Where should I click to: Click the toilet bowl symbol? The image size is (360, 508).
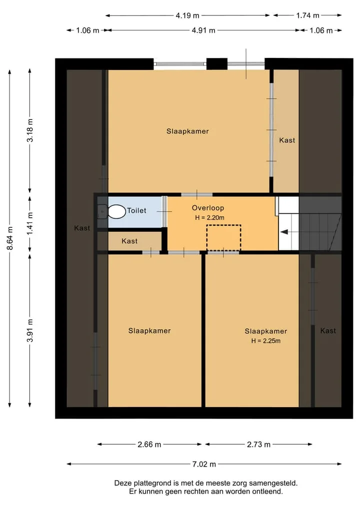pyautogui.click(x=116, y=212)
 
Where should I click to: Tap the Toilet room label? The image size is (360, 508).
pyautogui.click(x=136, y=211)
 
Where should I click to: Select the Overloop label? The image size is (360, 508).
pyautogui.click(x=208, y=208)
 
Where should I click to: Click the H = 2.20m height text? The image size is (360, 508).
pyautogui.click(x=209, y=218)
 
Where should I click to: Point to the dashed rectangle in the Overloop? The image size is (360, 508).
pyautogui.click(x=224, y=238)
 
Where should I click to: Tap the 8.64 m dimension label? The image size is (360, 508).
pyautogui.click(x=10, y=238)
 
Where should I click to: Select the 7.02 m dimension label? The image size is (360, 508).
pyautogui.click(x=204, y=464)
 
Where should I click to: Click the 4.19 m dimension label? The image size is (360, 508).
pyautogui.click(x=187, y=15)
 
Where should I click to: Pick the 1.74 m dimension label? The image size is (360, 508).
pyautogui.click(x=307, y=15)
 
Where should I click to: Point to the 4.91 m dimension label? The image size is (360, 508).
pyautogui.click(x=203, y=30)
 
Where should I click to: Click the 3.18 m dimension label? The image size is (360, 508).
pyautogui.click(x=30, y=130)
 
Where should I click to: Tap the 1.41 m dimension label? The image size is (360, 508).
pyautogui.click(x=30, y=224)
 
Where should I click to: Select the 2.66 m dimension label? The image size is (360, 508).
pyautogui.click(x=149, y=445)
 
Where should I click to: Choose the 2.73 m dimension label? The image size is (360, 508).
pyautogui.click(x=258, y=445)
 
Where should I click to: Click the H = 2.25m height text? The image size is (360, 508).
pyautogui.click(x=266, y=341)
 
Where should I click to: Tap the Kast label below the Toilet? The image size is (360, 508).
pyautogui.click(x=129, y=241)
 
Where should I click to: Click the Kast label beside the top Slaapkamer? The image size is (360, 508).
pyautogui.click(x=287, y=140)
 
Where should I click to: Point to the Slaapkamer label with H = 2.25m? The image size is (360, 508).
pyautogui.click(x=266, y=331)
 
